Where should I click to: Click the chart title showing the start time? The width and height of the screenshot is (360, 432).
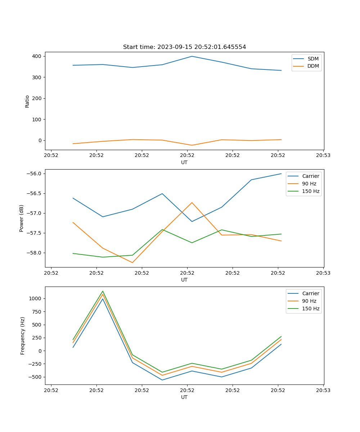184,47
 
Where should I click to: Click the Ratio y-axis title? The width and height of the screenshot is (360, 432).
27,102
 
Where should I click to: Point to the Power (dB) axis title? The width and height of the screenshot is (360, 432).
22,218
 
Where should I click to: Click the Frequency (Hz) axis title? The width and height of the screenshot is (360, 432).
23,336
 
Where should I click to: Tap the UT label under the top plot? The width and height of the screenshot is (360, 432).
184,162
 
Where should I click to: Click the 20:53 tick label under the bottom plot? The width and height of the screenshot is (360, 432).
323,390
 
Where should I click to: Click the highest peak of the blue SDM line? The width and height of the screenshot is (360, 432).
192,56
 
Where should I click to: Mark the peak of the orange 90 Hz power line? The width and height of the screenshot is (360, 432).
192,202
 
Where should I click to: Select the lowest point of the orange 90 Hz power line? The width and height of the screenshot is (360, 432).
132,262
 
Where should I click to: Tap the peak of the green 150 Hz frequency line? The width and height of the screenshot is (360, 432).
103,291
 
